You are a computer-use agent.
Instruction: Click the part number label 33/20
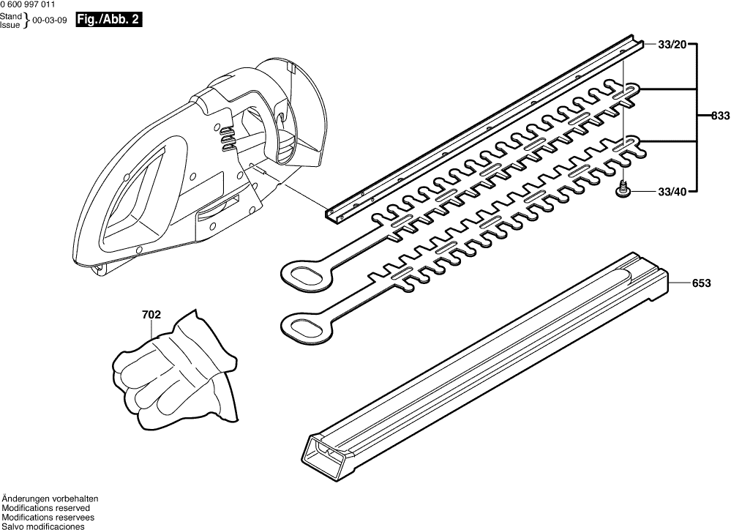(x=672, y=45)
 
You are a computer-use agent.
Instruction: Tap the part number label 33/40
(x=672, y=192)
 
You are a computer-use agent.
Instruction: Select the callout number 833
(x=721, y=117)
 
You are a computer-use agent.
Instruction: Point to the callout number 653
(x=702, y=283)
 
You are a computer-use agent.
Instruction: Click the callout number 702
(x=151, y=315)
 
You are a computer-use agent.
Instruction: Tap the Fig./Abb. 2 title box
(x=108, y=20)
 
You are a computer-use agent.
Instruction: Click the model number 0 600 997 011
(x=28, y=4)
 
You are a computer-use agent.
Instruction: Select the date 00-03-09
(x=47, y=20)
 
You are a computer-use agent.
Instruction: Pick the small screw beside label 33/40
(x=623, y=190)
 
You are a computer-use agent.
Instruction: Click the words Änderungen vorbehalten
(x=50, y=499)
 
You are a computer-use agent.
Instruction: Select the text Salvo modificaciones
(x=43, y=526)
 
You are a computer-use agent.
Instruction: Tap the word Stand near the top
(x=11, y=16)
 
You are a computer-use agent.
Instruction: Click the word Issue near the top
(x=10, y=25)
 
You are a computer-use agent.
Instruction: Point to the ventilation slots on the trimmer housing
(x=227, y=138)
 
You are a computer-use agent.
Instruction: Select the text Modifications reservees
(x=48, y=518)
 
